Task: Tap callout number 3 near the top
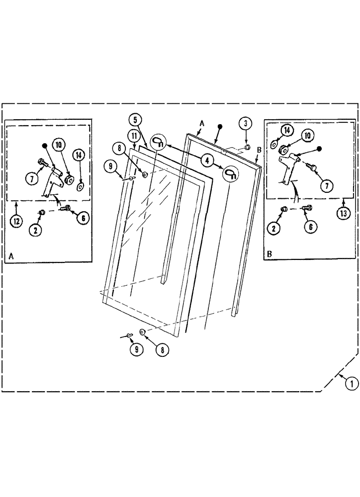245,123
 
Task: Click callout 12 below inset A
16,222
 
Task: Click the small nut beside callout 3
247,147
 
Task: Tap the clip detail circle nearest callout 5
158,142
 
